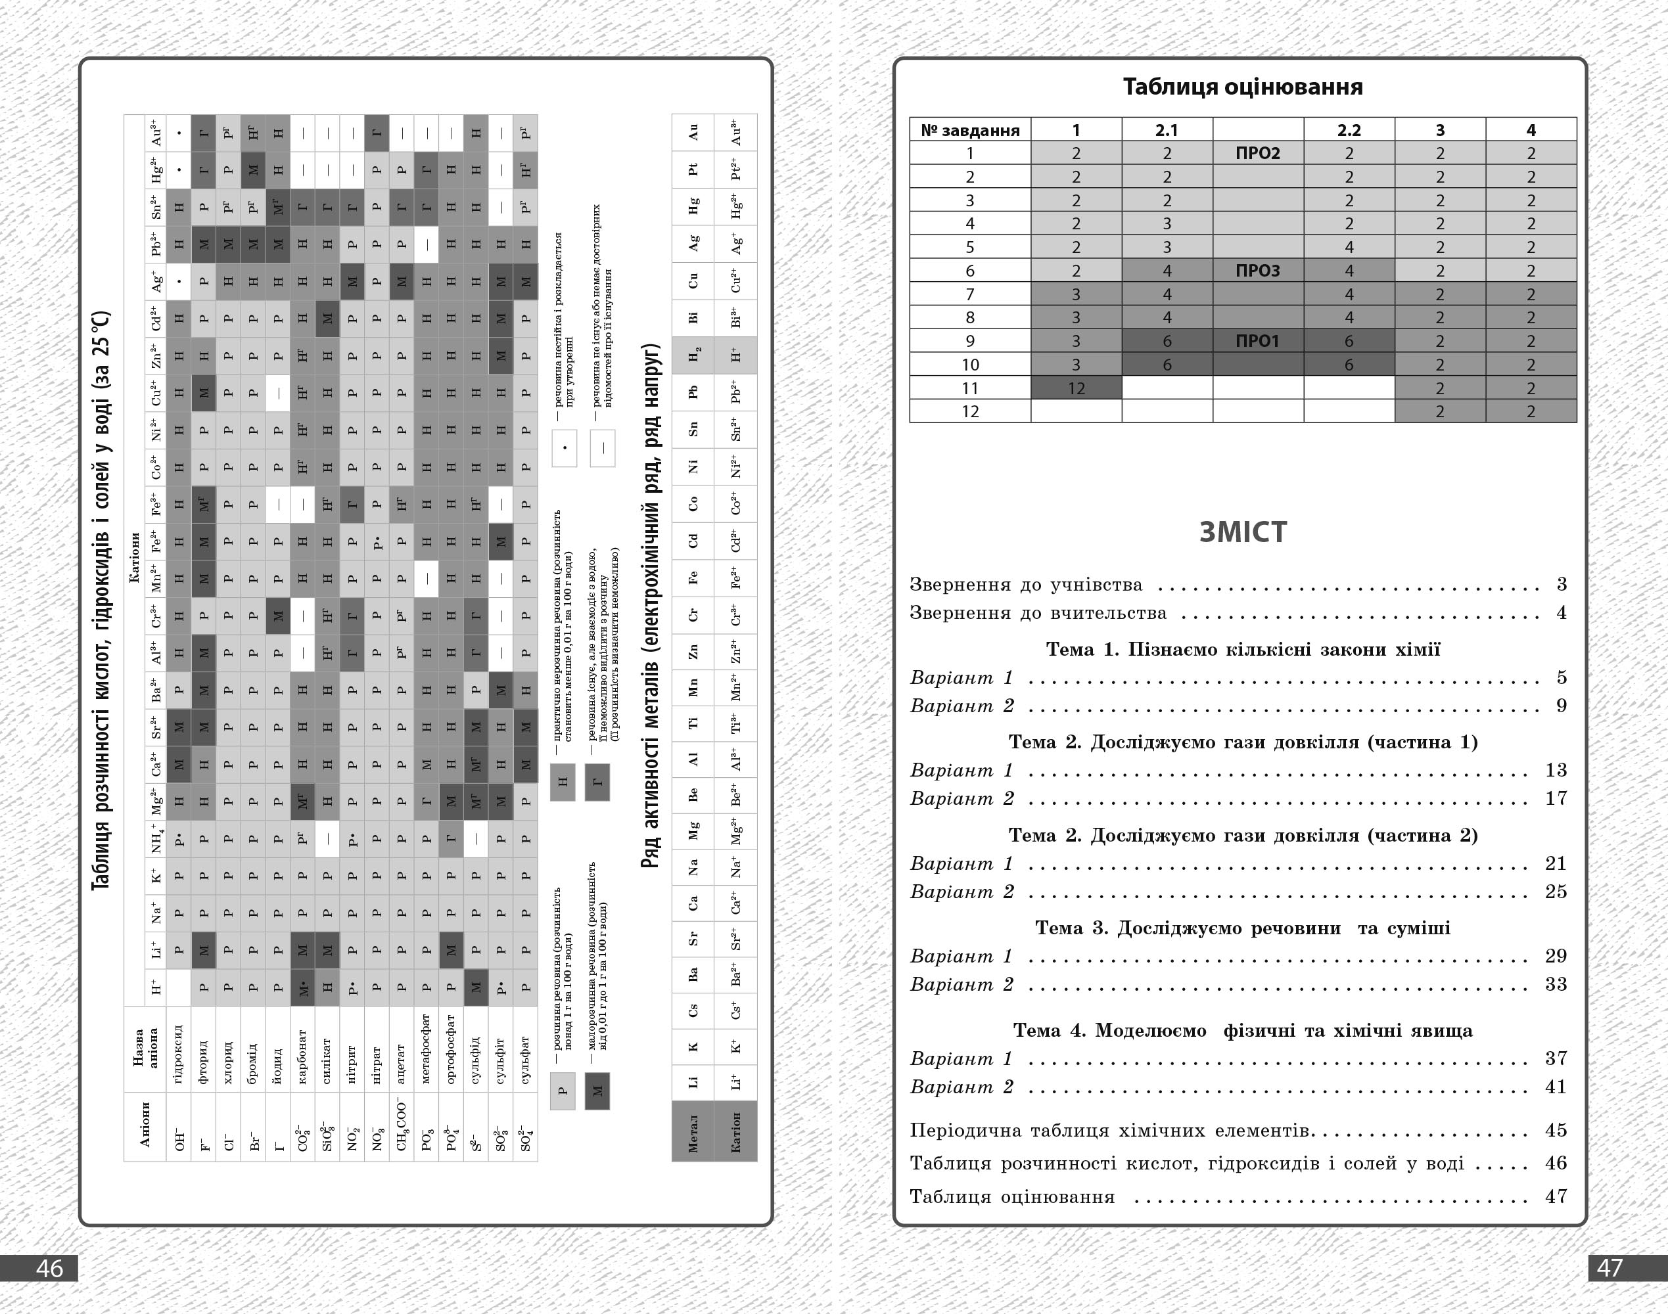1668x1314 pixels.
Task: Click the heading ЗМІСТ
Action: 1243,532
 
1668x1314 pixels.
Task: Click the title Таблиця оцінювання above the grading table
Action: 1243,87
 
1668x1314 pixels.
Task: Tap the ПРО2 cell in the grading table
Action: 1258,153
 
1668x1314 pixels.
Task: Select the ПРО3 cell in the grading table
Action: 1258,271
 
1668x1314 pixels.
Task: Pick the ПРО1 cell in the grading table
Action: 1258,341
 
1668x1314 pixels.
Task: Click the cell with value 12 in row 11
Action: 1076,388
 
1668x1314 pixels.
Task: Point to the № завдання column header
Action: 970,130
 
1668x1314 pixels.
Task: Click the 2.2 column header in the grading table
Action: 1349,130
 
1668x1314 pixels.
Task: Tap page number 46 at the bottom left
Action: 50,1268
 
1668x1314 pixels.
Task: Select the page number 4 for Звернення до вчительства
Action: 1561,613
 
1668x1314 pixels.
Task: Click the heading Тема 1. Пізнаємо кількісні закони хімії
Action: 1243,649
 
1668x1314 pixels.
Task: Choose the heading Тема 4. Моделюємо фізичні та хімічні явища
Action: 1243,1031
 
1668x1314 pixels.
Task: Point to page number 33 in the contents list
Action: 1556,984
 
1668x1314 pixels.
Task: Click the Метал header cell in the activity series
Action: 693,1131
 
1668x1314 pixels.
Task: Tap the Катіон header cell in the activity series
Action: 735,1131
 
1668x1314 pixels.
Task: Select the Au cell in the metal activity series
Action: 693,132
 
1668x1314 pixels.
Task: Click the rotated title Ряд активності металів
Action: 651,606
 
